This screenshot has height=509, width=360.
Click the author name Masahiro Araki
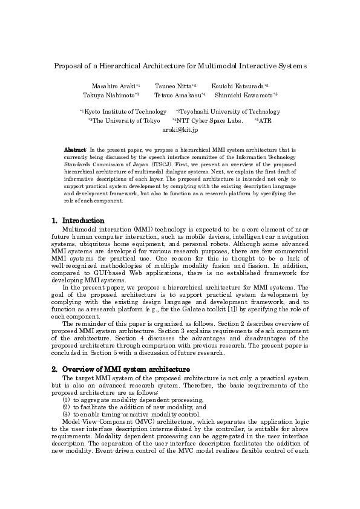[x=113, y=86]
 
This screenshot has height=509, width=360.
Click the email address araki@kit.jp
[x=180, y=129]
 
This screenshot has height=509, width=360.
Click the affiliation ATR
[x=265, y=120]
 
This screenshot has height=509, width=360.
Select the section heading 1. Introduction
[x=78, y=221]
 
